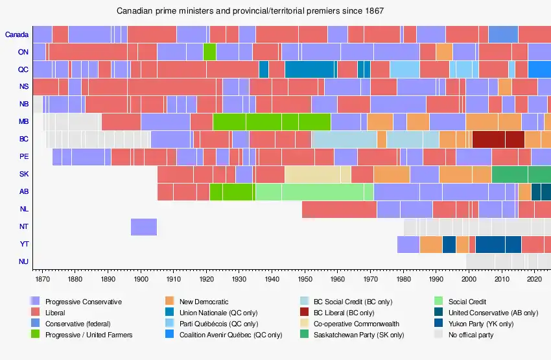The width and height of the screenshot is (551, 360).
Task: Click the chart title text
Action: click(250, 12)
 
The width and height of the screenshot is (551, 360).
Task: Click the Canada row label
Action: click(16, 34)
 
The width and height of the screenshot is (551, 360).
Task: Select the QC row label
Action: click(23, 69)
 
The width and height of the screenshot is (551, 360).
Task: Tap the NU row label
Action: click(23, 261)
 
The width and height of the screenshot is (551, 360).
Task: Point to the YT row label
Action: click(23, 244)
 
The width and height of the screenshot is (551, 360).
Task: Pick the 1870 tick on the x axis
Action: click(42, 280)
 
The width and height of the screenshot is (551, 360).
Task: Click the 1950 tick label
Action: click(305, 280)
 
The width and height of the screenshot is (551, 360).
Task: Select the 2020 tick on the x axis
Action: click(534, 280)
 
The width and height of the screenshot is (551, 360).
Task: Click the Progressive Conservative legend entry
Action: click(83, 302)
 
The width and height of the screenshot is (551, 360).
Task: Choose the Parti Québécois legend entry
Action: click(219, 324)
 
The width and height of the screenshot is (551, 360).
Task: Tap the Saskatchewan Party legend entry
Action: click(358, 335)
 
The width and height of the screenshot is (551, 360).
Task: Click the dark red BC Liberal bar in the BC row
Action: click(498, 139)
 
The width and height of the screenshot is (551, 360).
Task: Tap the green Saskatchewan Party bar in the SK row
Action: click(521, 174)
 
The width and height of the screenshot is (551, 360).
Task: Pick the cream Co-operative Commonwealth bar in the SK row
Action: click(318, 174)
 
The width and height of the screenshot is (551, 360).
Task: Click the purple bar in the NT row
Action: click(143, 226)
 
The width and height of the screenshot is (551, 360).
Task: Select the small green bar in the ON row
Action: click(209, 52)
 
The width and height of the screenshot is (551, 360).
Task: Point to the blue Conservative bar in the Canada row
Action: click(503, 34)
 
